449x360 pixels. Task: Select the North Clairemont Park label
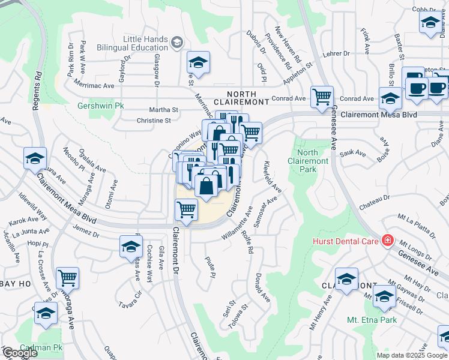(308, 161)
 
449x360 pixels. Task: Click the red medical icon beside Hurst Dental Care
(387, 241)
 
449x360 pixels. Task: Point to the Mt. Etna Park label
(372, 320)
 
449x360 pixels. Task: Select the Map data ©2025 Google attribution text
(411, 355)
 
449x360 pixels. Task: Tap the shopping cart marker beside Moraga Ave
(67, 278)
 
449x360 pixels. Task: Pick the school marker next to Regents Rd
(35, 158)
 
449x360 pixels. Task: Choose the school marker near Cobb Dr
(430, 23)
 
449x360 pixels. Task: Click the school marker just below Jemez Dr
(131, 247)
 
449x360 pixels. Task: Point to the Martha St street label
(164, 110)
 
